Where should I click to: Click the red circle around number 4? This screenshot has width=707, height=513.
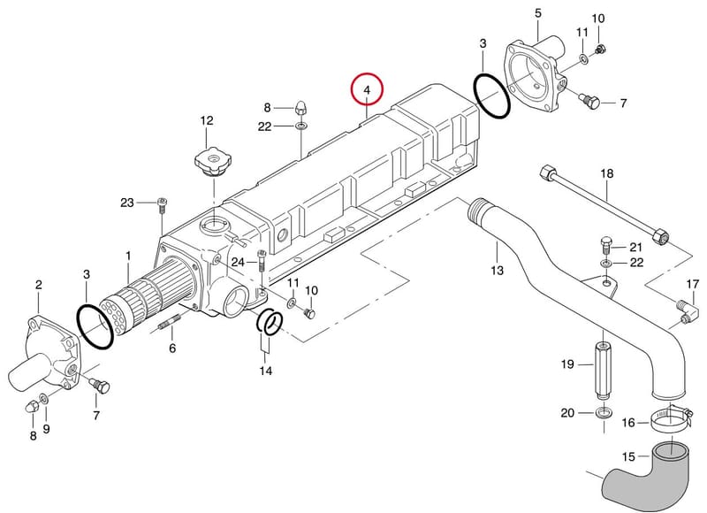pyautogui.click(x=367, y=74)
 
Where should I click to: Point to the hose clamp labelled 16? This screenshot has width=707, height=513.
pyautogui.click(x=670, y=418)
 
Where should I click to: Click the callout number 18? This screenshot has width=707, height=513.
pyautogui.click(x=607, y=173)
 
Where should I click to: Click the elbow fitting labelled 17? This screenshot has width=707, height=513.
pyautogui.click(x=688, y=311)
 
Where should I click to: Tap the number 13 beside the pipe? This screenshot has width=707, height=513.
pyautogui.click(x=497, y=271)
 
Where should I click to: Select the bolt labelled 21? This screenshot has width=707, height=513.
pyautogui.click(x=606, y=244)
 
